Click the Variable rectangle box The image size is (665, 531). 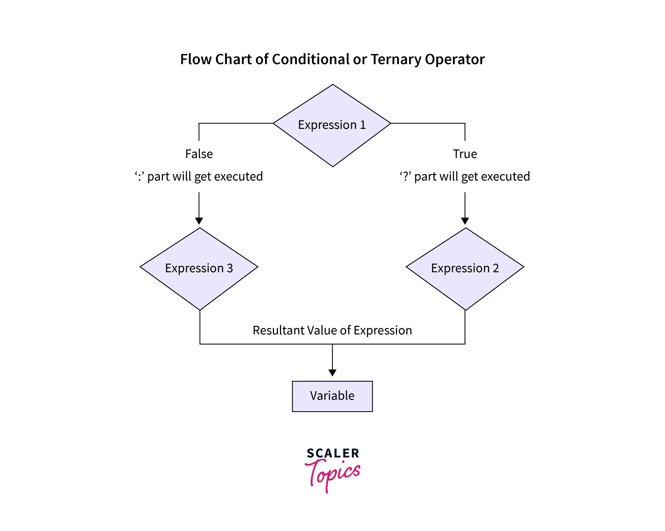tap(332, 396)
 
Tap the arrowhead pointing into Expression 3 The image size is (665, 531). tap(199, 221)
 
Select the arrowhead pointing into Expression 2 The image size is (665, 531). tap(465, 221)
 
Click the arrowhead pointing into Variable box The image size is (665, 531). tap(332, 373)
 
